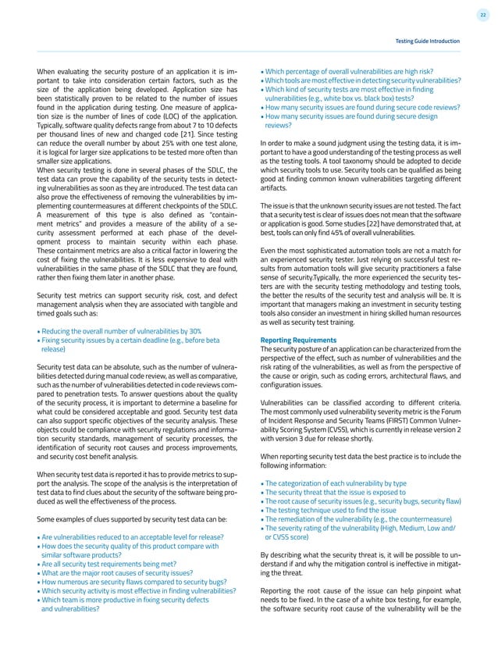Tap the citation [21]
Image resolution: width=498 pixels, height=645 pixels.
pyautogui.click(x=186, y=135)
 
